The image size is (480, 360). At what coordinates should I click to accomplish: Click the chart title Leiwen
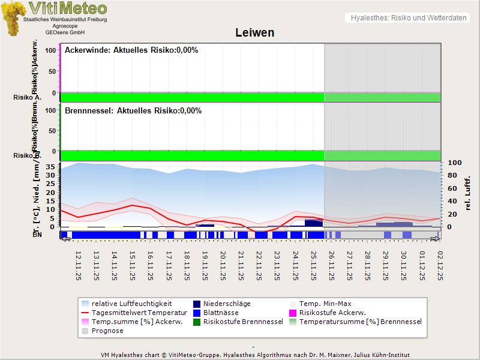pyautogui.click(x=255, y=34)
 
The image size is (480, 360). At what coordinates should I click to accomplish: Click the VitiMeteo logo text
pyautogui.click(x=68, y=8)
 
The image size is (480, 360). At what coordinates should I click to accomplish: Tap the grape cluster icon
pyautogui.click(x=13, y=18)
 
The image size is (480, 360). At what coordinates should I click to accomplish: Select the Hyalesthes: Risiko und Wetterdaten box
pyautogui.click(x=408, y=18)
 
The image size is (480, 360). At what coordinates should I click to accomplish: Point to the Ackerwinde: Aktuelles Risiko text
pyautogui.click(x=131, y=50)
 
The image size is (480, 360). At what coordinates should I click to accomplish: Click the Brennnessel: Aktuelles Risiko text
pyautogui.click(x=133, y=111)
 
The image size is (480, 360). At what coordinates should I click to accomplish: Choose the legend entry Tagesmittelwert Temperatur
pyautogui.click(x=139, y=313)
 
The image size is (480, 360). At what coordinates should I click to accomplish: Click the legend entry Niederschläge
pyautogui.click(x=227, y=304)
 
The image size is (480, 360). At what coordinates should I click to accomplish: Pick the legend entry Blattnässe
pyautogui.click(x=221, y=313)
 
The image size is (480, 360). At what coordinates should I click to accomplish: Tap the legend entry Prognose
pyautogui.click(x=107, y=331)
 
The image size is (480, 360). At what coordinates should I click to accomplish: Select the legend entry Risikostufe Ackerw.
pyautogui.click(x=332, y=313)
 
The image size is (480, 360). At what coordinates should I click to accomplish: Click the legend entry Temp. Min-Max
pyautogui.click(x=325, y=304)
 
